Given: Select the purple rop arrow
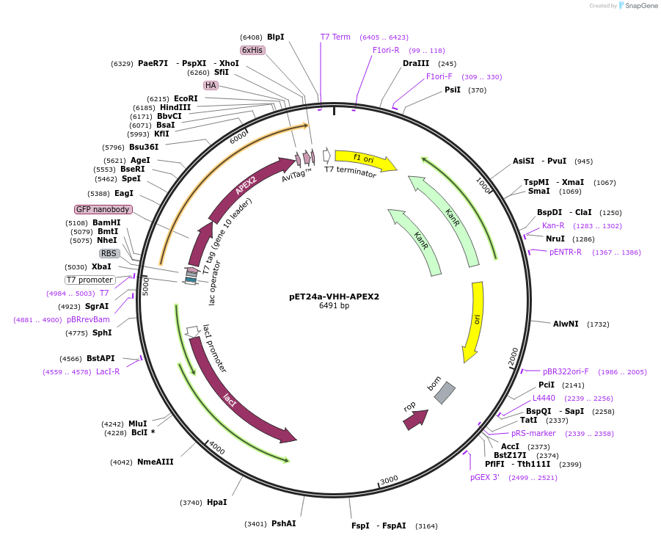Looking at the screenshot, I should [415, 419].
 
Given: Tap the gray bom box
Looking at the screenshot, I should [445, 393].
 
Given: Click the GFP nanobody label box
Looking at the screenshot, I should [103, 210].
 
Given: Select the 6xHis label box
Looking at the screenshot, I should [252, 50].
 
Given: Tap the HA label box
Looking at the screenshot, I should [211, 85].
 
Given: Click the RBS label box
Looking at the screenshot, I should [109, 253].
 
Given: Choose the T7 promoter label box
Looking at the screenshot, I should [90, 280].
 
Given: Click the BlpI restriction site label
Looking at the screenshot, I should [275, 37].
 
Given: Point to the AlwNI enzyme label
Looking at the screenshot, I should [566, 324].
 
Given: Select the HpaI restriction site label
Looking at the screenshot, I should [217, 502].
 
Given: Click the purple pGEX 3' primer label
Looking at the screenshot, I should [485, 477].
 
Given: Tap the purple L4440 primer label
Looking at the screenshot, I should [544, 398].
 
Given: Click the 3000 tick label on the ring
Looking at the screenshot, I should [388, 479].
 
